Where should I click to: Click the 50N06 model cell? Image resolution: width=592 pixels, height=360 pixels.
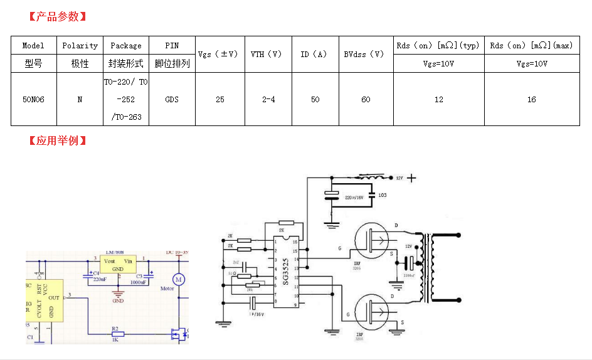33,100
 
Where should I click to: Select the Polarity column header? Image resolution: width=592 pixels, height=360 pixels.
80,46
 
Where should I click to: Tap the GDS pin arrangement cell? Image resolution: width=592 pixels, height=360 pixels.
172,100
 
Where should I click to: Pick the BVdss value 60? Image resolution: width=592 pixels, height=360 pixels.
366,100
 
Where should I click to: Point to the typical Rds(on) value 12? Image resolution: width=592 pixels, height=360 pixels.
438,100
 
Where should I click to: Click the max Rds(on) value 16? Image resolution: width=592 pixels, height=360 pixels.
531,100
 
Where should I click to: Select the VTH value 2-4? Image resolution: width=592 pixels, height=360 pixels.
268,100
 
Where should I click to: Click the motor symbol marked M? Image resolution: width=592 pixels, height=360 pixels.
178,279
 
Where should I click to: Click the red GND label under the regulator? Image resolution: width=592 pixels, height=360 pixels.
118,301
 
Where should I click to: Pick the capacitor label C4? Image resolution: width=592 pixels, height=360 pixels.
95,273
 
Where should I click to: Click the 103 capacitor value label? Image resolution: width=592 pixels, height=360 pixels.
383,195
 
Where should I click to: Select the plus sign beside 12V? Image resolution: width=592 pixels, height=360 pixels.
411,178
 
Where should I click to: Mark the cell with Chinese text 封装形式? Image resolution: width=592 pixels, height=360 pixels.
126,64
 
